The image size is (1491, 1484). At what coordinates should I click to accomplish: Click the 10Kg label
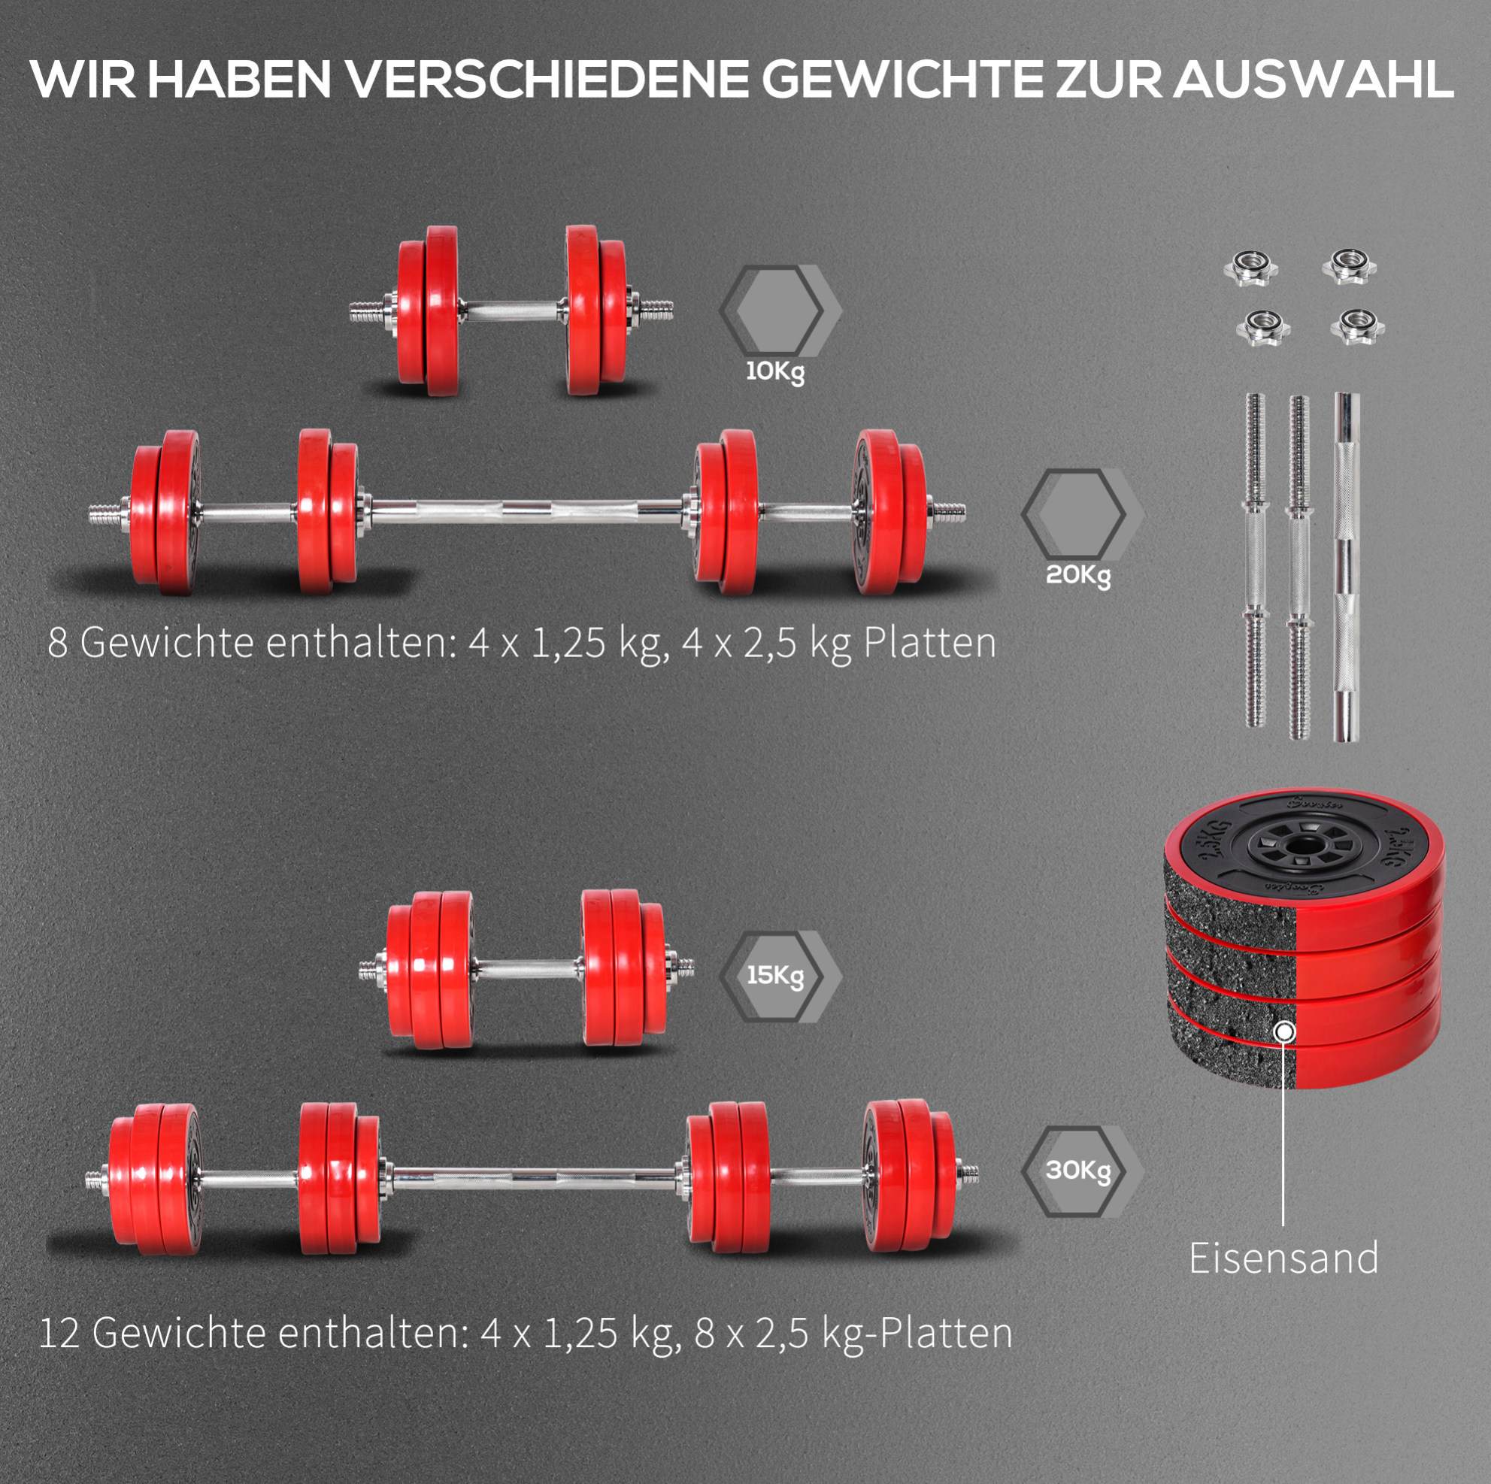[x=775, y=373]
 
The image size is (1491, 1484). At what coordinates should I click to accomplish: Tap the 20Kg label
[x=1078, y=576]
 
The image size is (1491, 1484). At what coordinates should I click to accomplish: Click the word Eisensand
[x=1283, y=1258]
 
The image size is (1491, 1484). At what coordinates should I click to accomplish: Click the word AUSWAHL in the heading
[x=1314, y=79]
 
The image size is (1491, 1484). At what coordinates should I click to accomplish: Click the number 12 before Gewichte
[x=59, y=1333]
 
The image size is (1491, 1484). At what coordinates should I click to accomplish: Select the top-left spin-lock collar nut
[x=1251, y=268]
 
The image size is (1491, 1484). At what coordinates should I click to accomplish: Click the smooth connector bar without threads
[x=1347, y=567]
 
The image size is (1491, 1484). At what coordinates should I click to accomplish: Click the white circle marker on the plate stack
[x=1284, y=1031]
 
